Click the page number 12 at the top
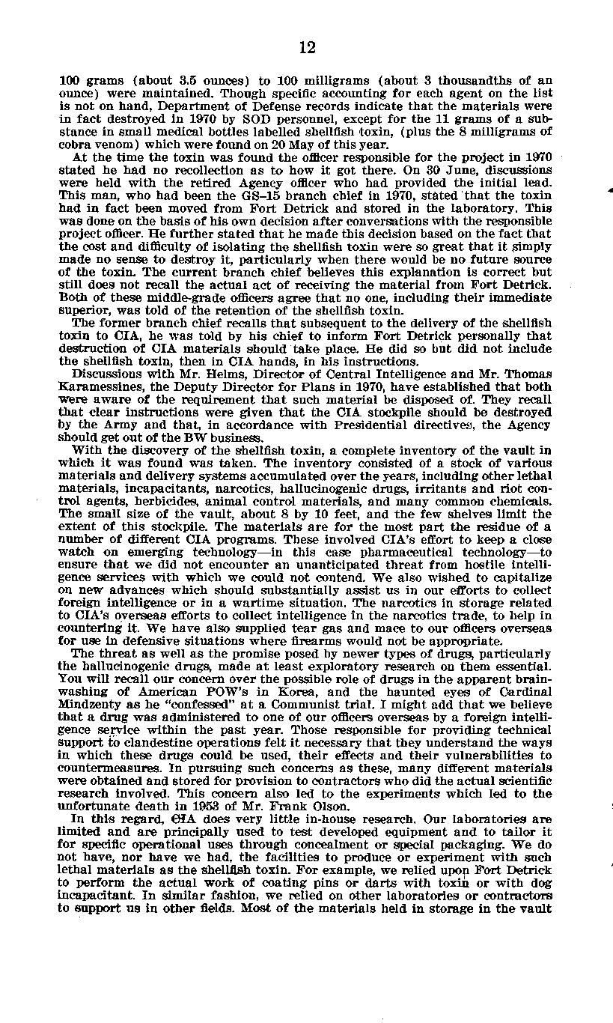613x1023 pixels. tap(307, 48)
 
